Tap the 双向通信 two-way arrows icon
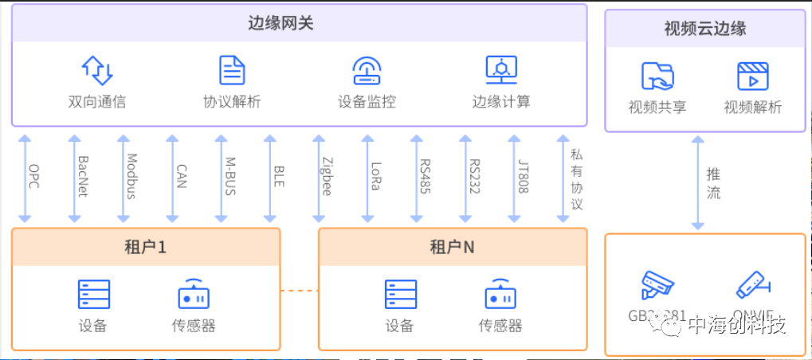point(97,70)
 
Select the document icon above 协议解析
point(232,70)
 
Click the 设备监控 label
point(367,102)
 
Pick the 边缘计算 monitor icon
point(501,70)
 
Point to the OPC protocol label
point(34,176)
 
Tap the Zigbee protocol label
point(327,176)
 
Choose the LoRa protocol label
point(376,176)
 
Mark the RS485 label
point(425,176)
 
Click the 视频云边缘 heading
point(705,29)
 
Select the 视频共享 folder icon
point(657,76)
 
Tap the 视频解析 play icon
point(752,76)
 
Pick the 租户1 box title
point(146,247)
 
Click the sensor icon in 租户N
point(500,294)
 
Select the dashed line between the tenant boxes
point(300,290)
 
